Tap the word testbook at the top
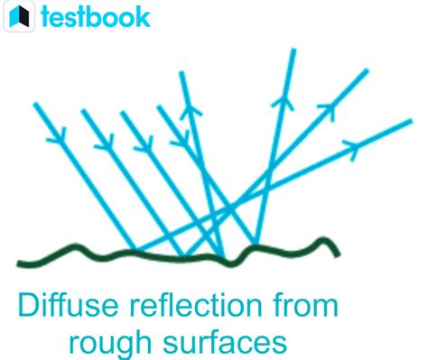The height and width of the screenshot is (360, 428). coord(95,16)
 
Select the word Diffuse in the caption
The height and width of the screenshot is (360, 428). coord(64,305)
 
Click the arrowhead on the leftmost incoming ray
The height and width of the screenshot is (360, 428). coord(60,141)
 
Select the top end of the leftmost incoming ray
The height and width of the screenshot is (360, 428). coord(35,103)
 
